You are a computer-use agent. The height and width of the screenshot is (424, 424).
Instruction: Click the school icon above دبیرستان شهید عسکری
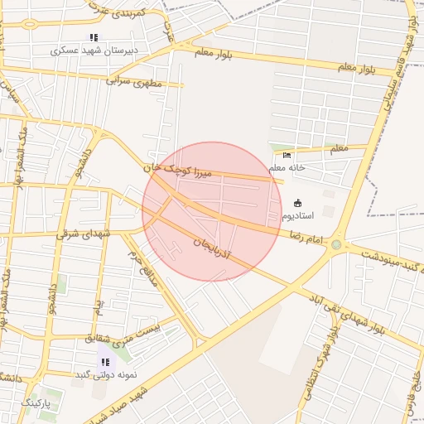(94, 37)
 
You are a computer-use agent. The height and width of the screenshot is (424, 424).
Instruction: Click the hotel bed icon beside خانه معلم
(287, 155)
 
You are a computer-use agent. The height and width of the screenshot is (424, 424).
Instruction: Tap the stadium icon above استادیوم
(298, 203)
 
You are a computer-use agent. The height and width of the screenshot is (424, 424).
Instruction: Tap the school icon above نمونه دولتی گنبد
(105, 362)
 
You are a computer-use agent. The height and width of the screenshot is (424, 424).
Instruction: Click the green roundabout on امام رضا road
(336, 244)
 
